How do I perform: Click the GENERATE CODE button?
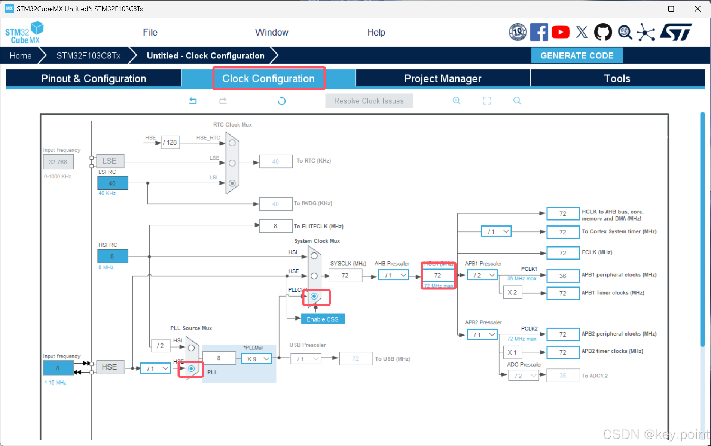tap(577, 55)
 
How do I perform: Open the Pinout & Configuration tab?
tap(94, 78)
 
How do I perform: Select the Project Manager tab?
tap(443, 78)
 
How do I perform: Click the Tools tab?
tap(617, 78)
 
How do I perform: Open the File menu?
tap(150, 33)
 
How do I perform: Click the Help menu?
tap(376, 33)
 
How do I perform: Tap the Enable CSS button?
tap(323, 319)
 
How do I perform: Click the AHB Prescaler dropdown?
tap(394, 275)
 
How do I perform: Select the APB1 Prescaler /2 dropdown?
tap(482, 275)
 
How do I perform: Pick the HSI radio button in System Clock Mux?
tap(314, 256)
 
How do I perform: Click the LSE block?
tap(110, 161)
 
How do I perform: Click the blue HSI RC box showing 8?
tap(113, 256)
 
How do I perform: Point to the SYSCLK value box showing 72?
tap(345, 275)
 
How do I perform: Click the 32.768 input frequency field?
tap(58, 162)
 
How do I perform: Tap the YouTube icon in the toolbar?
tap(560, 32)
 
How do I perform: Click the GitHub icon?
tap(603, 32)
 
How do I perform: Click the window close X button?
tap(698, 9)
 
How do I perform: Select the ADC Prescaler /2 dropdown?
tap(524, 376)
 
